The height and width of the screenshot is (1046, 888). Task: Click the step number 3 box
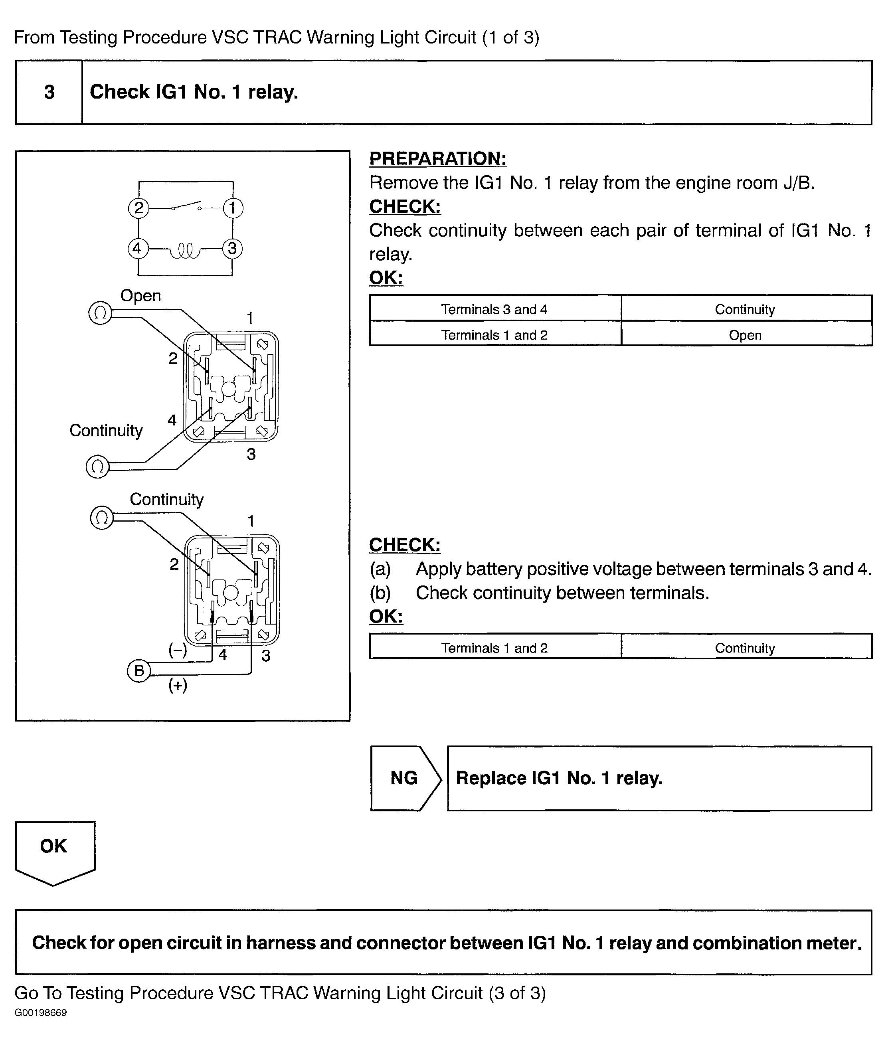tap(49, 92)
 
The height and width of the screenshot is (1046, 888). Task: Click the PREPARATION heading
tap(437, 158)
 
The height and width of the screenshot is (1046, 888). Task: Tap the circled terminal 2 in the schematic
tap(138, 208)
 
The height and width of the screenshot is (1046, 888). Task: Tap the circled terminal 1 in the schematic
tap(233, 208)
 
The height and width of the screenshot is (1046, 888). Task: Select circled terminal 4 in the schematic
tap(137, 248)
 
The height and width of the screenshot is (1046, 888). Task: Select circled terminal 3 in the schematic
tap(232, 248)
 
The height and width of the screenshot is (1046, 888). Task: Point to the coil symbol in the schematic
tap(185, 250)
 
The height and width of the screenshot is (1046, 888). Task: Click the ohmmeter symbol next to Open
tap(100, 313)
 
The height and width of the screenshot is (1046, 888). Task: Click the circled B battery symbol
tap(139, 670)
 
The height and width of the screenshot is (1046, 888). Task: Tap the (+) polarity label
tap(178, 685)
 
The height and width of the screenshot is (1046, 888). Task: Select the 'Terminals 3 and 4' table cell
tap(494, 309)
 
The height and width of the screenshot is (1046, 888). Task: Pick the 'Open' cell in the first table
tap(745, 335)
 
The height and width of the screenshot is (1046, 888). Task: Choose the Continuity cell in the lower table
tap(745, 648)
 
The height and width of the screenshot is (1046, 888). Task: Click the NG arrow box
tap(405, 778)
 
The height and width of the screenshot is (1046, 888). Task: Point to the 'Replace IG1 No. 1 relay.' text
tap(559, 778)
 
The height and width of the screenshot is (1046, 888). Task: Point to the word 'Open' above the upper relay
tap(140, 295)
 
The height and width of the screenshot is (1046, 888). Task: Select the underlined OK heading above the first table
tap(386, 277)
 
